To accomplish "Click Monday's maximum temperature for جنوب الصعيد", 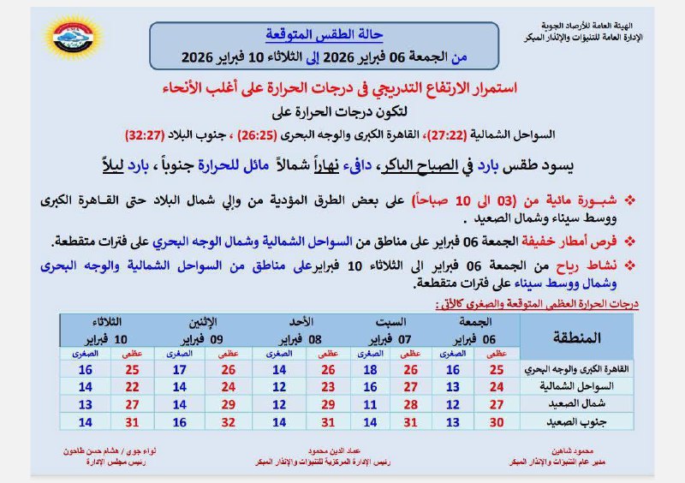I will click(228, 420).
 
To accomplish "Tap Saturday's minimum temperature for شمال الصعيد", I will click(369, 403).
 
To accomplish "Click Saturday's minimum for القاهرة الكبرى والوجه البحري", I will click(369, 369).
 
